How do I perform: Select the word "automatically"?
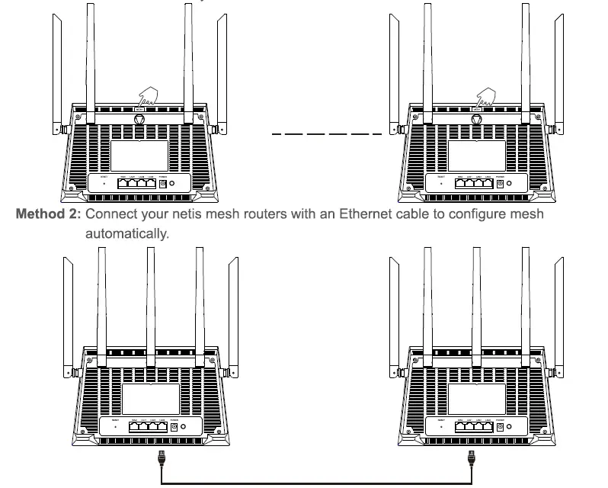tap(126, 233)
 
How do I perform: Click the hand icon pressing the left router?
tap(146, 97)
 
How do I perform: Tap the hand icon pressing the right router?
tap(483, 97)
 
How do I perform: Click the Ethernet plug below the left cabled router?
tap(161, 459)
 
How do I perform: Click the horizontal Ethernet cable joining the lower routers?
tap(316, 483)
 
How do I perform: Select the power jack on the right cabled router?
tap(499, 428)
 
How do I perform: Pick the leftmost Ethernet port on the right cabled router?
tap(464, 428)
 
